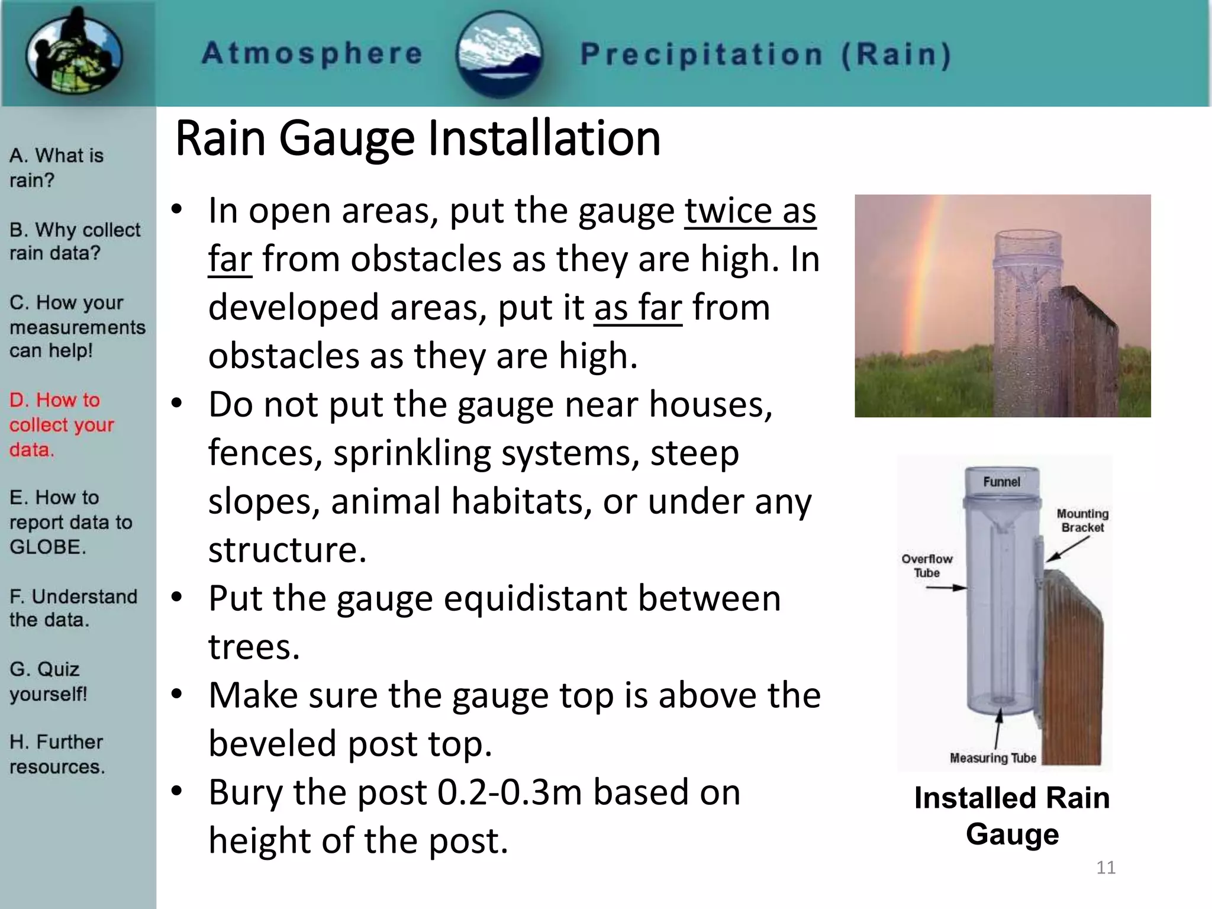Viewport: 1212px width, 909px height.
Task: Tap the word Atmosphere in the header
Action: (x=312, y=54)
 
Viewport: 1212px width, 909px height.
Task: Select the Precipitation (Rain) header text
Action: (x=766, y=55)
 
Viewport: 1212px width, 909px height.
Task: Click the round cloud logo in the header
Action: (x=500, y=54)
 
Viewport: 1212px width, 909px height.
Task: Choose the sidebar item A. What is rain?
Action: (x=56, y=167)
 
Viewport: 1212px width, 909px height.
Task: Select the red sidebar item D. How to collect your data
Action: (x=61, y=424)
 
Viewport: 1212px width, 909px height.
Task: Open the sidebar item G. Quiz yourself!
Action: (x=48, y=681)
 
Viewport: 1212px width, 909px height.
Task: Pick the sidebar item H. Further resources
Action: (x=57, y=754)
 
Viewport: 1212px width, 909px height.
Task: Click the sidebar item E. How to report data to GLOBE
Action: (x=70, y=522)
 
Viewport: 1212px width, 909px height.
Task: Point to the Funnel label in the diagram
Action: (x=1001, y=482)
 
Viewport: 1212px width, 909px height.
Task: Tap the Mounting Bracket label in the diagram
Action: (x=1082, y=520)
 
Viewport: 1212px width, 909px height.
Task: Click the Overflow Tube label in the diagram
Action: (x=927, y=566)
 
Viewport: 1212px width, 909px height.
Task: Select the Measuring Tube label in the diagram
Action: (x=992, y=758)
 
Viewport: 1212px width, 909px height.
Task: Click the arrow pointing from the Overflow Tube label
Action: (x=946, y=588)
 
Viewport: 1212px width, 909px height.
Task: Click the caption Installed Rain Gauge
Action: (x=1012, y=815)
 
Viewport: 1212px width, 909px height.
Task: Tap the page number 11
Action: (x=1105, y=868)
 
